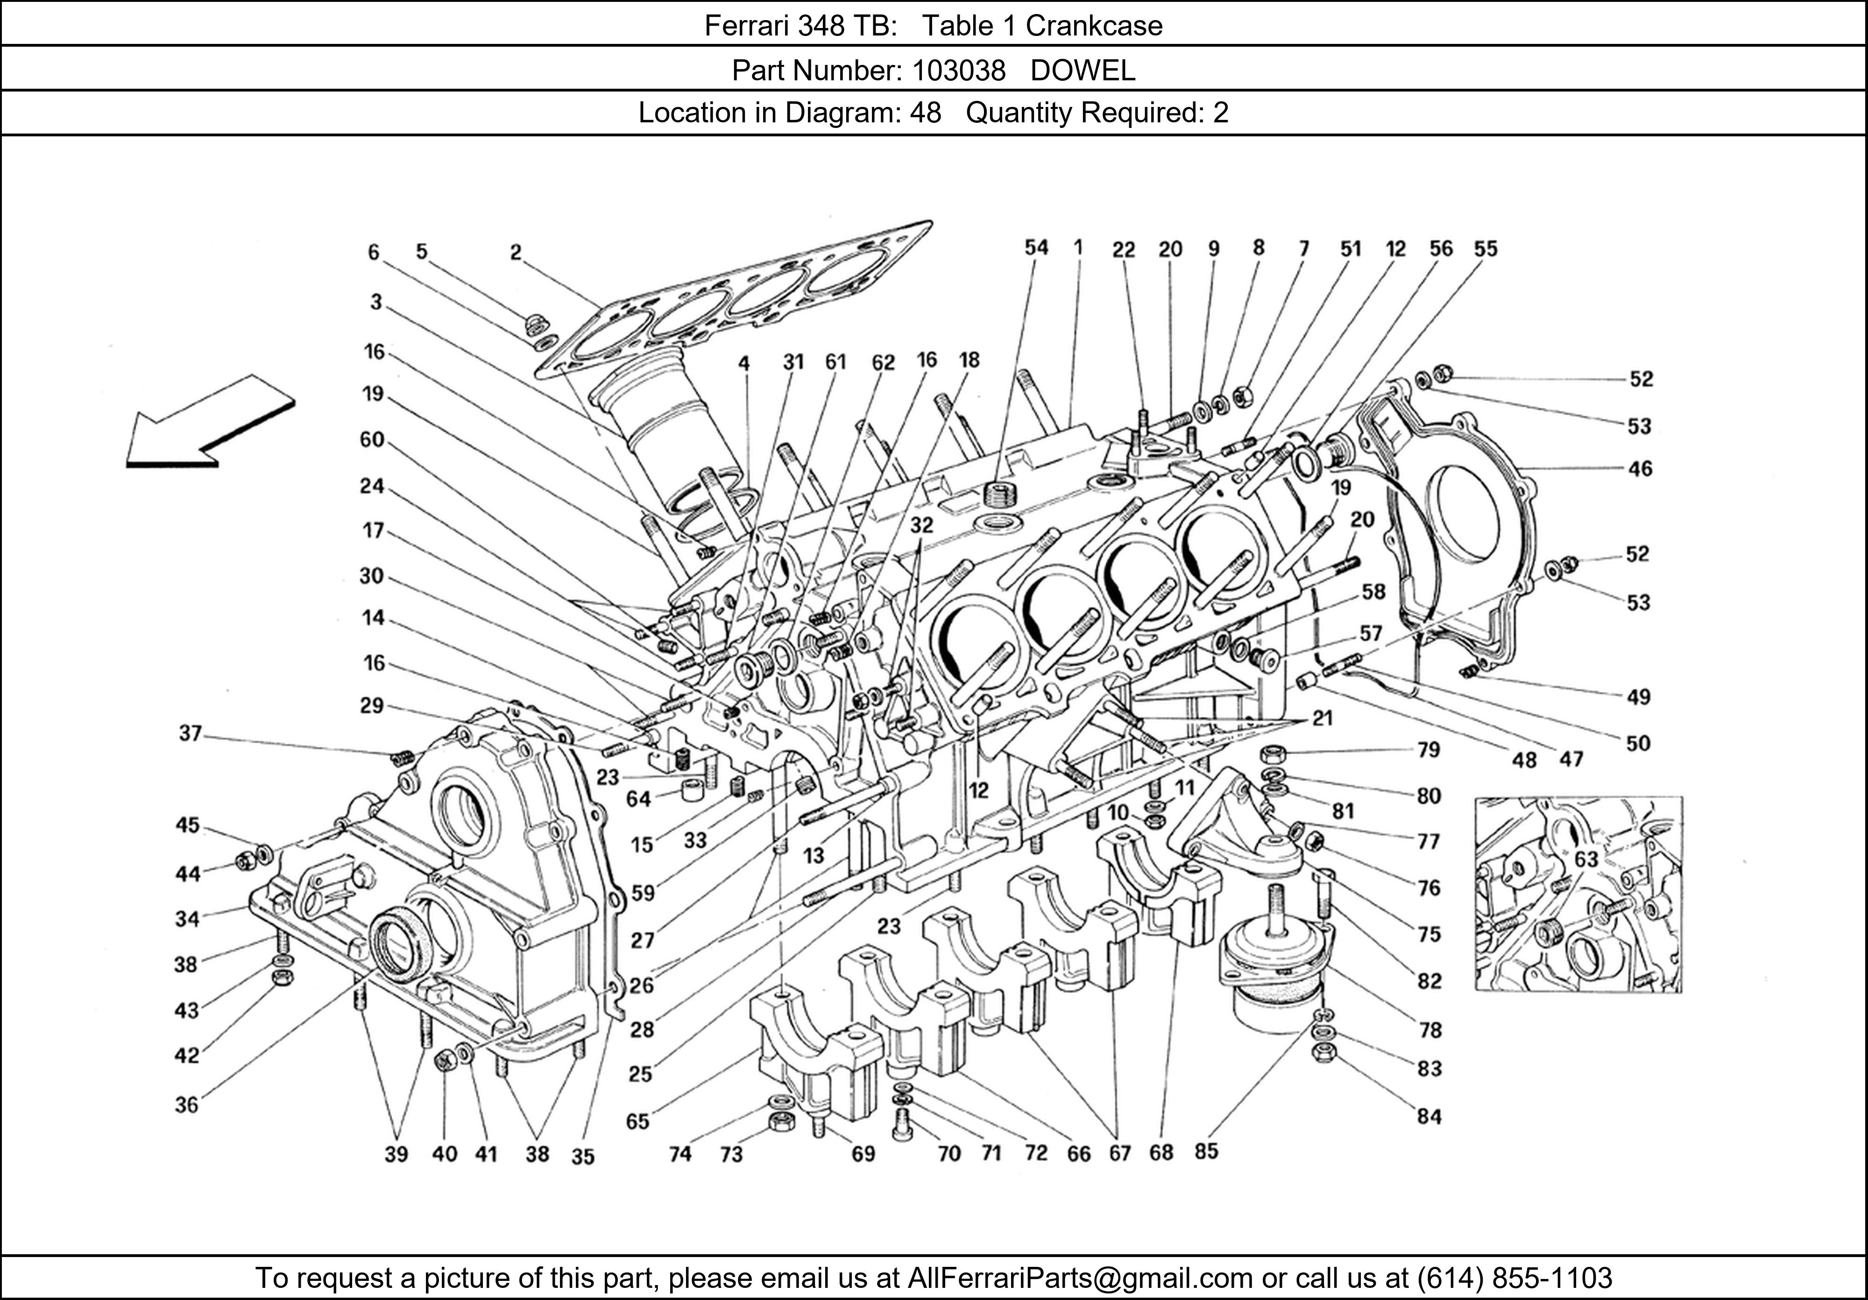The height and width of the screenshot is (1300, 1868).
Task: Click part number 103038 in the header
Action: pos(958,71)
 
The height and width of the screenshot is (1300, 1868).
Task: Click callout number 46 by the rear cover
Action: pos(1640,468)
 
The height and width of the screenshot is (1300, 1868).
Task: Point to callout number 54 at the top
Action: pos(1036,247)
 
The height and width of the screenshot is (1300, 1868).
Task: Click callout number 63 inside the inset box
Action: pos(1585,859)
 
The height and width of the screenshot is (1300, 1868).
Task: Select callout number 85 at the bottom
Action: pos(1206,1151)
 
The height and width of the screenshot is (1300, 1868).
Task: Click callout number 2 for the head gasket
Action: pos(516,253)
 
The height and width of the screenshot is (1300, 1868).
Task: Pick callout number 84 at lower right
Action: pos(1429,1116)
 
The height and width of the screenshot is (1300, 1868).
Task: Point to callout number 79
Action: pos(1429,749)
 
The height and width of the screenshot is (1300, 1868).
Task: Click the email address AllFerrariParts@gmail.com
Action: pos(1079,1278)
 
